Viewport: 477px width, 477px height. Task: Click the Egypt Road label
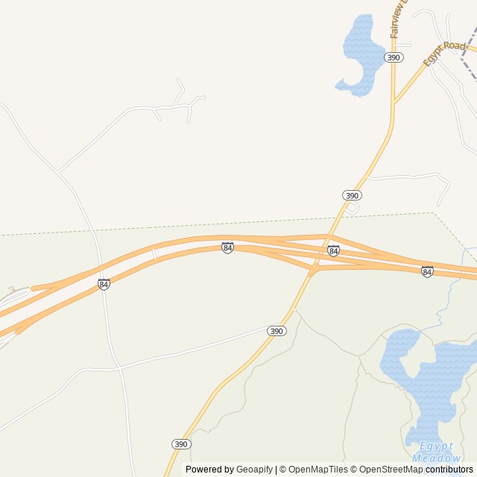click(x=444, y=54)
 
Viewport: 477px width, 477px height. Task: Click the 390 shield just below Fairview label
click(x=394, y=57)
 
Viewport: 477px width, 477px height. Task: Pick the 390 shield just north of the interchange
click(x=352, y=195)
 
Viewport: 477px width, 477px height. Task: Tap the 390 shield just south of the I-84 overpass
click(x=277, y=331)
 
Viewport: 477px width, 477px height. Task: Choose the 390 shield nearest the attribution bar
click(x=181, y=444)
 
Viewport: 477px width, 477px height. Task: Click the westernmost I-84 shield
click(x=104, y=285)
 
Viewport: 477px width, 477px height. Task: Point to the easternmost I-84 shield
click(x=427, y=272)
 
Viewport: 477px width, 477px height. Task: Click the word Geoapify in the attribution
click(x=254, y=470)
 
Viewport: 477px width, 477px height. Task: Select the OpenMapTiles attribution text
click(x=318, y=470)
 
